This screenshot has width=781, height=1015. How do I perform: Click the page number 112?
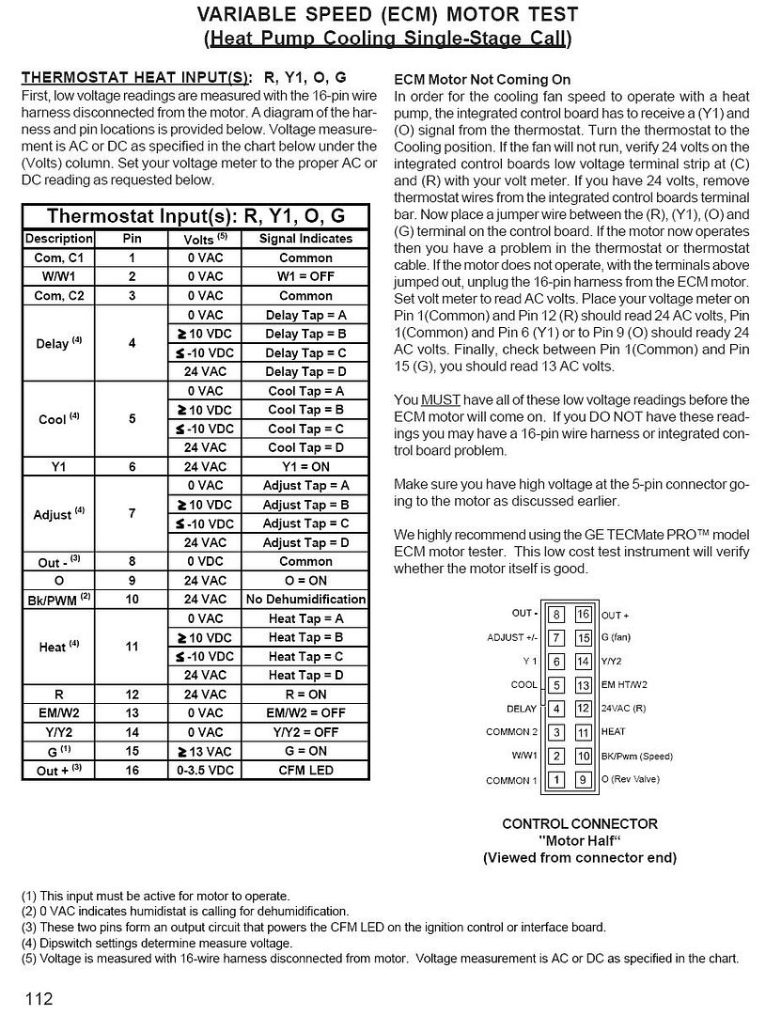click(39, 997)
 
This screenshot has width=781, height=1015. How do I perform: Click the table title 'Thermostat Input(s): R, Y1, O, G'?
click(196, 216)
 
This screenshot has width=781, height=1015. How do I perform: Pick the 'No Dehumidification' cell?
click(305, 599)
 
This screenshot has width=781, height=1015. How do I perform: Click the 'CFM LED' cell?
click(305, 770)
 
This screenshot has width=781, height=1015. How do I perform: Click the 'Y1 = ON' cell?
click(305, 466)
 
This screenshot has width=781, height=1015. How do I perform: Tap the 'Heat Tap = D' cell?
click(305, 675)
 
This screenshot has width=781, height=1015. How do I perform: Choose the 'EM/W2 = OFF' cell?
click(305, 712)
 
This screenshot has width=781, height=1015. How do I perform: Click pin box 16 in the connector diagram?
click(583, 615)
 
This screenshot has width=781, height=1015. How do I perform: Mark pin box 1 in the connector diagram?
click(556, 779)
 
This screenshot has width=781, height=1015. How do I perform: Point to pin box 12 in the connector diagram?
click(583, 709)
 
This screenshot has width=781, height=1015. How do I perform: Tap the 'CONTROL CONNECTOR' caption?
click(579, 823)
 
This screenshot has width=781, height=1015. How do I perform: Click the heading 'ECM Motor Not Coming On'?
click(482, 80)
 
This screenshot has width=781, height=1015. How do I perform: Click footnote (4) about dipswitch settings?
click(157, 943)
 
